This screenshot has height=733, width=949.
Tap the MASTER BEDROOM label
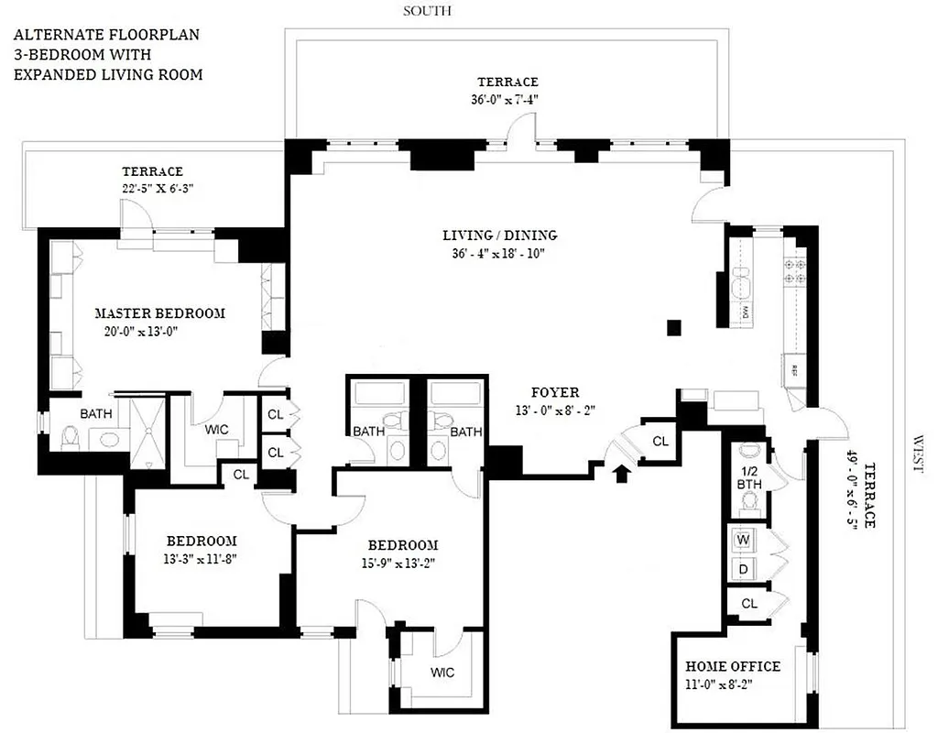pyautogui.click(x=159, y=313)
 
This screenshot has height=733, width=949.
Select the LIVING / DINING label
pyautogui.click(x=499, y=235)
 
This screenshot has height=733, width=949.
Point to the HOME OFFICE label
pyautogui.click(x=733, y=666)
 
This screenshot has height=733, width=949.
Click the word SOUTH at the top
pyautogui.click(x=428, y=11)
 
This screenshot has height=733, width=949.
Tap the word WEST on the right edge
pyautogui.click(x=918, y=454)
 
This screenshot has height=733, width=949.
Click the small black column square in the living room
pyautogui.click(x=674, y=326)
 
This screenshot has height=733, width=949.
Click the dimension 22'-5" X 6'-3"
pyautogui.click(x=153, y=188)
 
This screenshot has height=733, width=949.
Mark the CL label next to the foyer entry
pyautogui.click(x=660, y=441)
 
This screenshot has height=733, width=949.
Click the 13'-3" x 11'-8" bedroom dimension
pyautogui.click(x=201, y=557)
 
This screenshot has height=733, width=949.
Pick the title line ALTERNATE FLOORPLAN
pyautogui.click(x=105, y=36)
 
